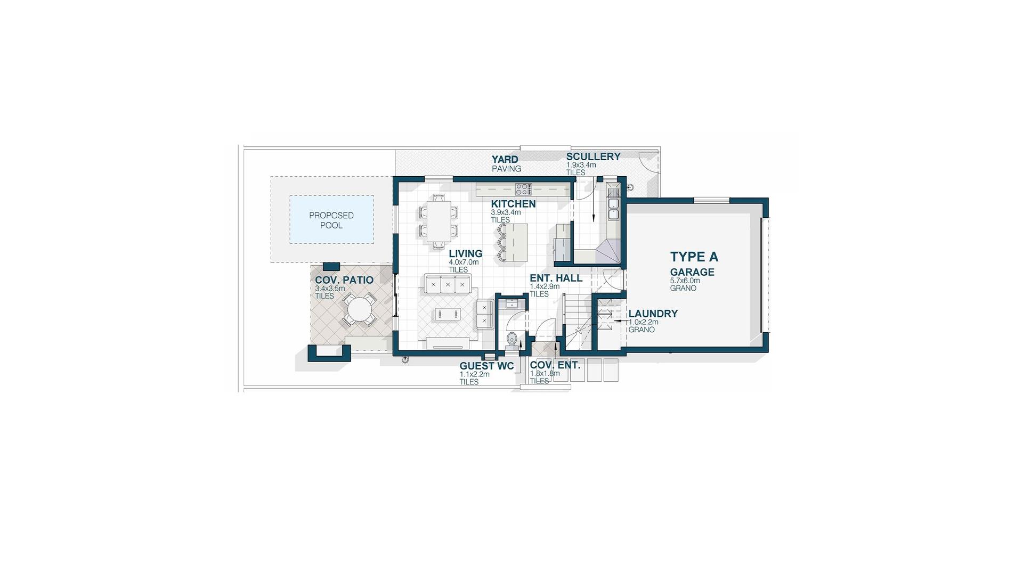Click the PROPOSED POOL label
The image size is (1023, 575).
(x=331, y=220)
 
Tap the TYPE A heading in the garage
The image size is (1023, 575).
(x=694, y=257)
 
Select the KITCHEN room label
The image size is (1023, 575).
(x=513, y=204)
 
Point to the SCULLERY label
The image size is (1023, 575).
(x=593, y=157)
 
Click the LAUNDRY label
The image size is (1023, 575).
(x=653, y=314)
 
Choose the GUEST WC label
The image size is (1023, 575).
(x=486, y=366)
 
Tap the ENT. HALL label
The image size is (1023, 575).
(x=556, y=278)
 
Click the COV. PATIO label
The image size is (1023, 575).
(x=344, y=280)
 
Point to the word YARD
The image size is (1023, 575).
(x=505, y=159)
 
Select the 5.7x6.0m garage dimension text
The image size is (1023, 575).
(x=685, y=281)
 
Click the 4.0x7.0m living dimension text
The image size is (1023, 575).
(x=464, y=262)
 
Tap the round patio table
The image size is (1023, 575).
(x=360, y=310)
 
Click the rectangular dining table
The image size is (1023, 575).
(x=440, y=221)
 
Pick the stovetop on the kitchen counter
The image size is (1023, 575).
(x=523, y=188)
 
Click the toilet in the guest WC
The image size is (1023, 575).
(x=512, y=339)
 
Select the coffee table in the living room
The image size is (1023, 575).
(x=447, y=314)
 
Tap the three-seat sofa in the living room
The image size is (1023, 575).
(x=448, y=283)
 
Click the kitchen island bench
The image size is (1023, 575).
(x=516, y=243)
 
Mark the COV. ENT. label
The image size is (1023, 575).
(x=555, y=366)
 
